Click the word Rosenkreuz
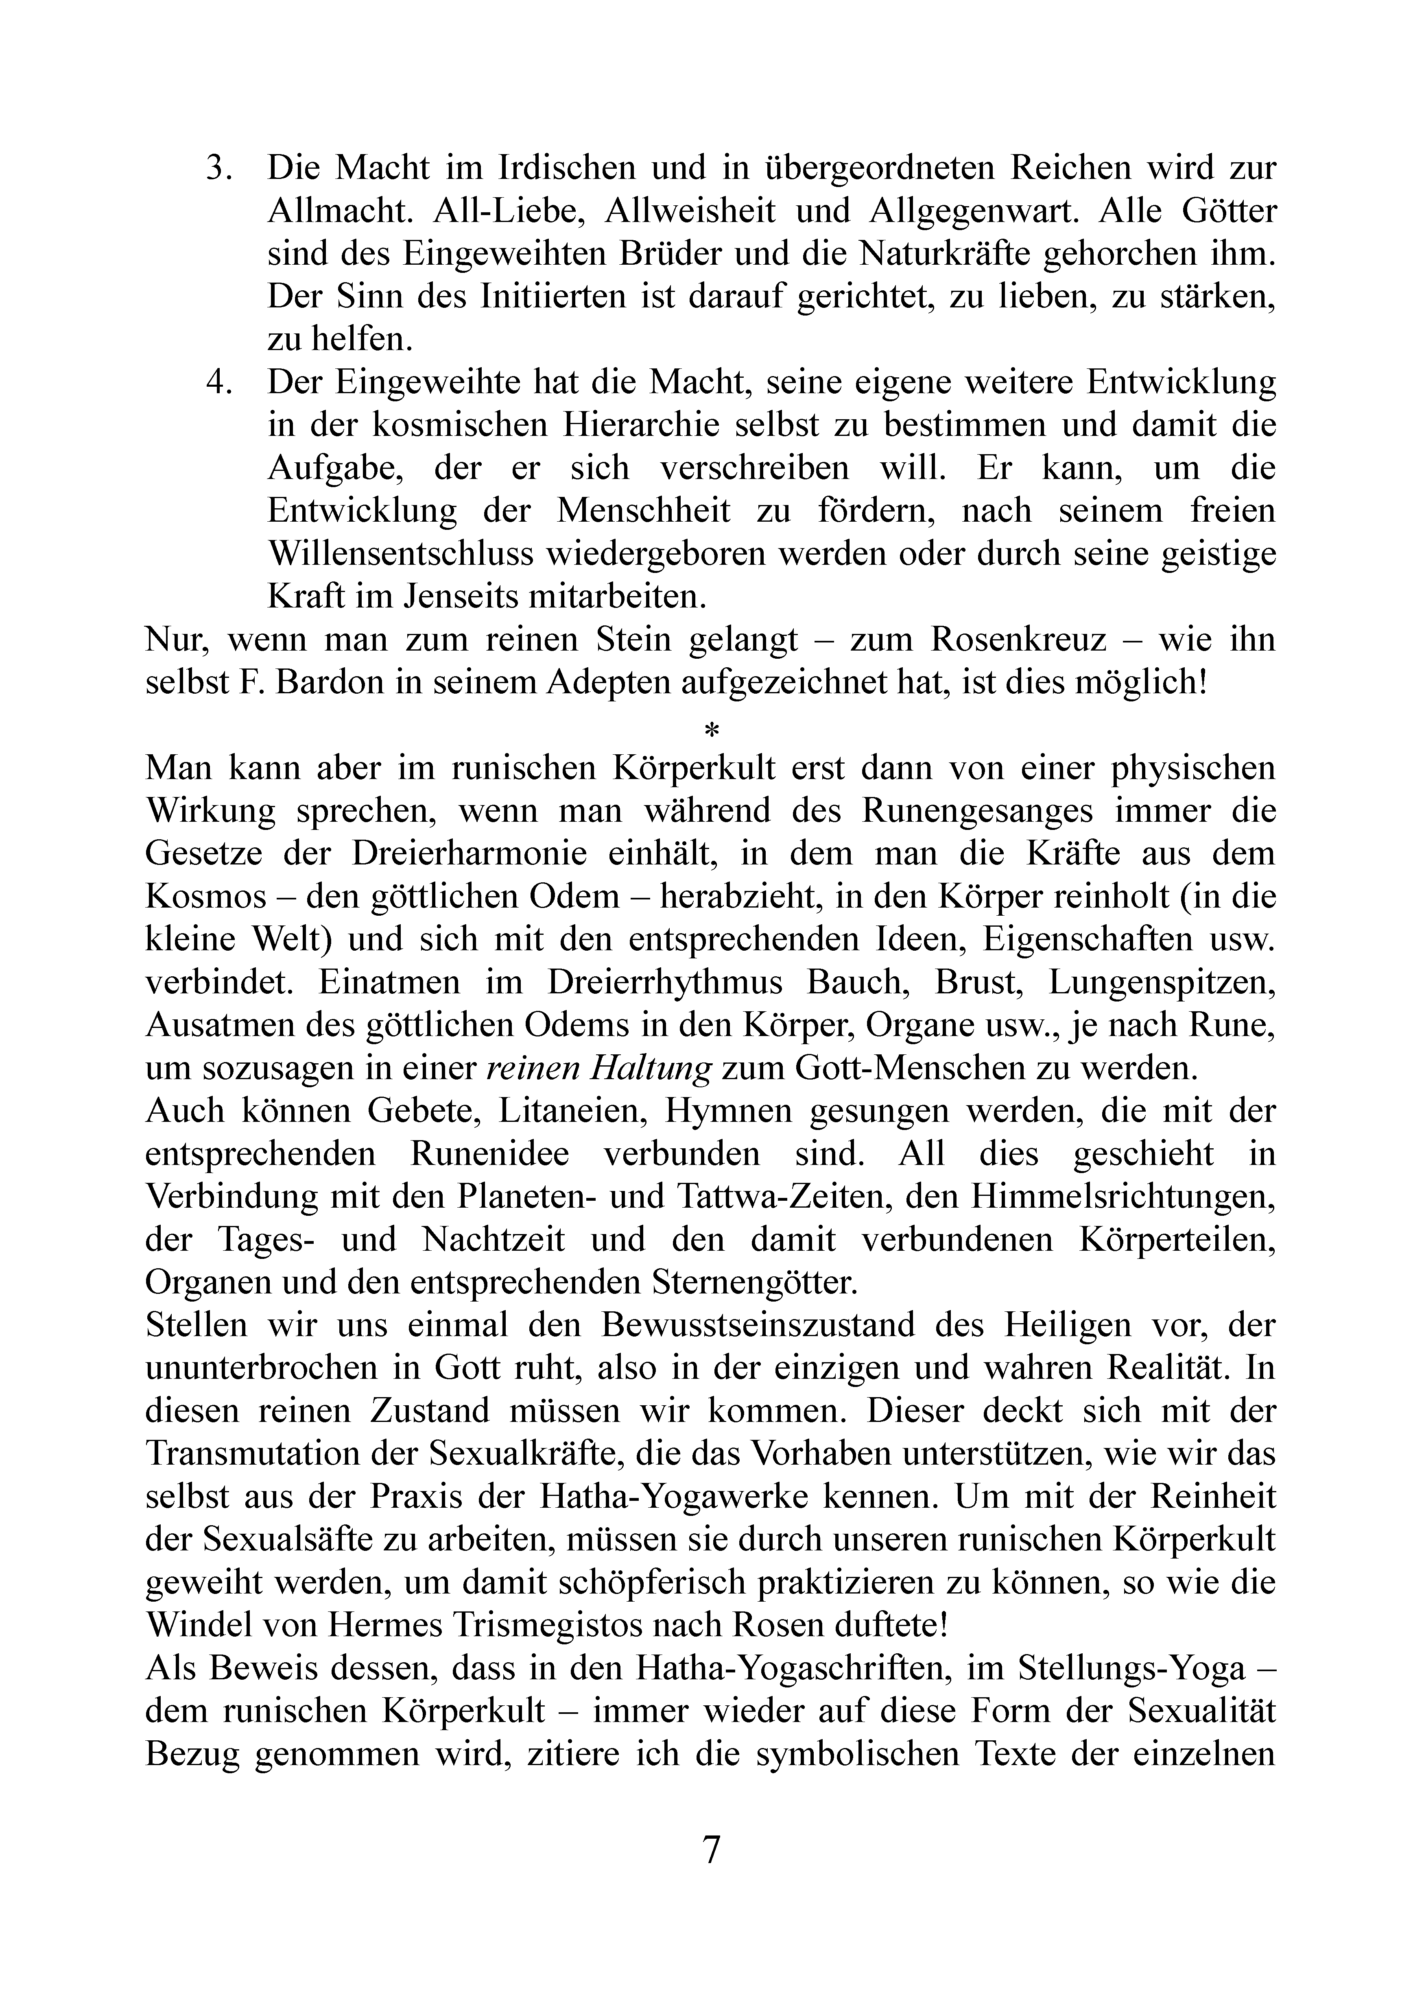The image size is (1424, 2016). (x=1018, y=640)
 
